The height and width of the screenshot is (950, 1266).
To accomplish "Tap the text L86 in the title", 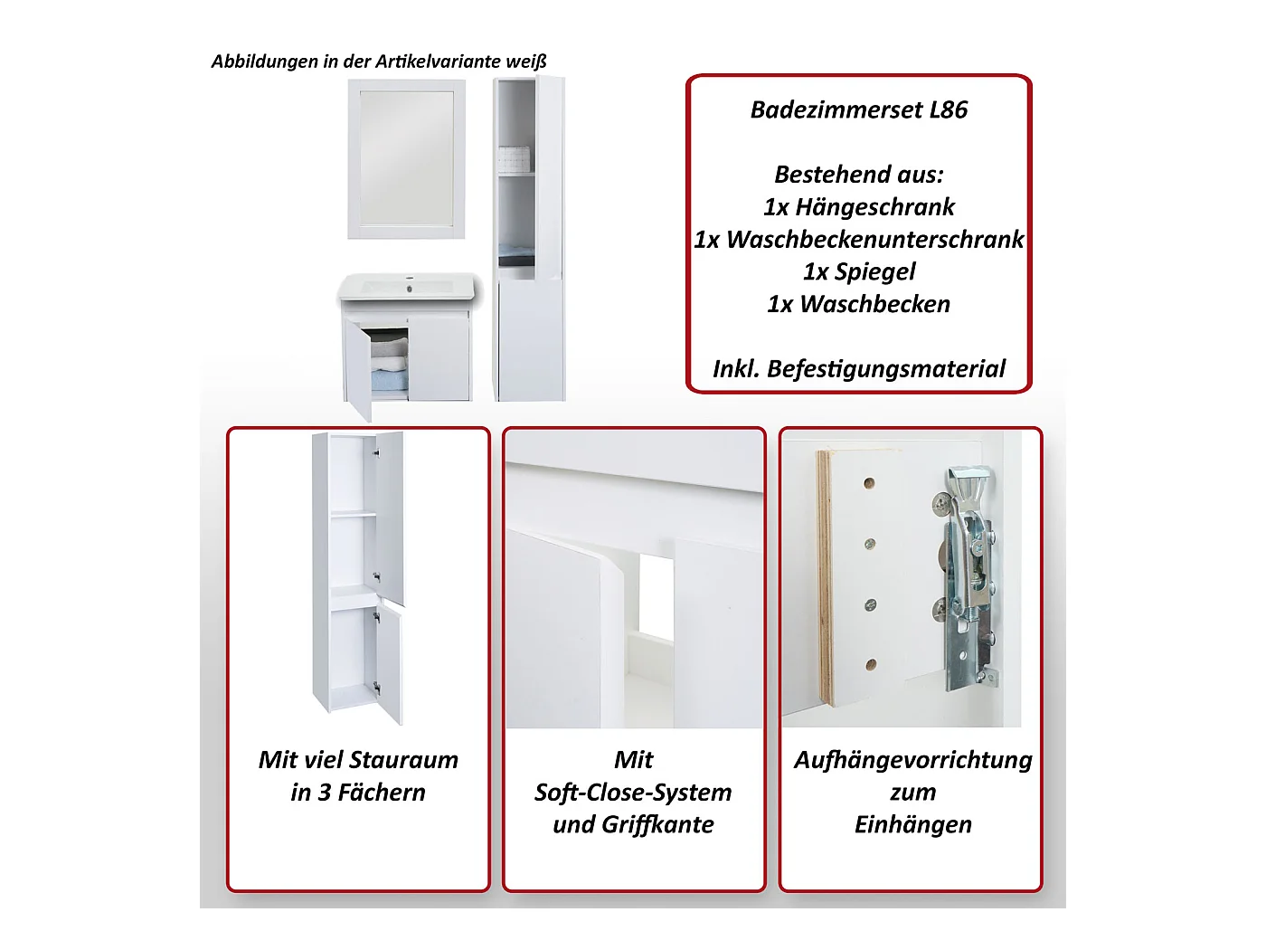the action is [949, 110].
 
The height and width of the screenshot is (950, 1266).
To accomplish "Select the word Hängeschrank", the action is [874, 207].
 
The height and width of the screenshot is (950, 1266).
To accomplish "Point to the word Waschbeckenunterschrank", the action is [874, 240].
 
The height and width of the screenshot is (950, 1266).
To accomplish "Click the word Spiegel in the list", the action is [874, 271].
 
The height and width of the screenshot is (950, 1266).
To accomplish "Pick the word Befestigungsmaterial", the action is [886, 368].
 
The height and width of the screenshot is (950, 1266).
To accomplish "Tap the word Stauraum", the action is [403, 760].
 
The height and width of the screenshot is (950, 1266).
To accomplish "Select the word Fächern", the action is [382, 793].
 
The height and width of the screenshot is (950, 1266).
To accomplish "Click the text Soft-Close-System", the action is [633, 793].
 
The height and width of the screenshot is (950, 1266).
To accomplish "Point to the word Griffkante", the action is [658, 825].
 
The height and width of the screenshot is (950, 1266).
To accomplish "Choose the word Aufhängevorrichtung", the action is [913, 761].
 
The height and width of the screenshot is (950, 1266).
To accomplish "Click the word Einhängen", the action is [913, 825].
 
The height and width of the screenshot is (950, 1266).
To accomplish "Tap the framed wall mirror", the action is [406, 158].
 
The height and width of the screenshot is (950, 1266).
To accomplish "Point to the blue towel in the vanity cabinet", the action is [390, 381].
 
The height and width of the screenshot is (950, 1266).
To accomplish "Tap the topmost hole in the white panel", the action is [870, 483].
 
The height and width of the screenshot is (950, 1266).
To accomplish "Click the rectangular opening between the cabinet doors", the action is [656, 598].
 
